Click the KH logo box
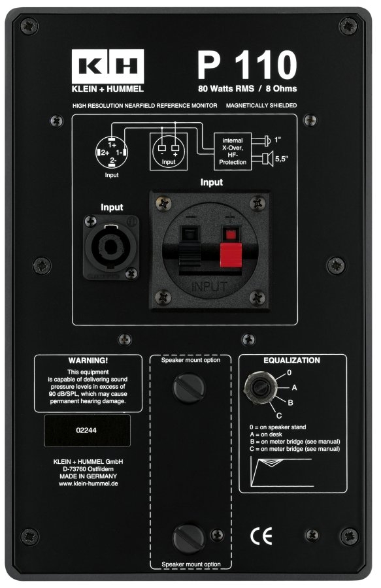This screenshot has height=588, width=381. click(x=108, y=66)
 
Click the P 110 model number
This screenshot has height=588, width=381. click(x=248, y=65)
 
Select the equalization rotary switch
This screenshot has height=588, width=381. click(x=259, y=387)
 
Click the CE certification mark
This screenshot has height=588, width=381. click(x=261, y=536)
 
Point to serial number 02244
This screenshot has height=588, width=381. click(x=86, y=430)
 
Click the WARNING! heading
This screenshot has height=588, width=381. click(x=88, y=361)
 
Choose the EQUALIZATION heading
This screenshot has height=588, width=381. click(x=291, y=361)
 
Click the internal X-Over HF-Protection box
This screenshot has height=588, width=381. click(x=233, y=152)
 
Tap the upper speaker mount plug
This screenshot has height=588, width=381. click(x=189, y=387)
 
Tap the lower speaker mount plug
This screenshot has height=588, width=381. click(x=189, y=538)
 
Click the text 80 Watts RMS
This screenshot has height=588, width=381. click(x=226, y=89)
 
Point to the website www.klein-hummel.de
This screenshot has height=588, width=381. click(x=88, y=483)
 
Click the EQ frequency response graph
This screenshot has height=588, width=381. click(x=282, y=472)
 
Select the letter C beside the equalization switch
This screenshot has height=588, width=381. click(x=279, y=416)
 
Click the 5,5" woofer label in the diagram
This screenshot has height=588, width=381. click(x=282, y=159)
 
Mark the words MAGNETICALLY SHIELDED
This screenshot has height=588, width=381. click(x=261, y=106)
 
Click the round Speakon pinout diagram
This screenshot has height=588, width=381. click(x=112, y=152)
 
